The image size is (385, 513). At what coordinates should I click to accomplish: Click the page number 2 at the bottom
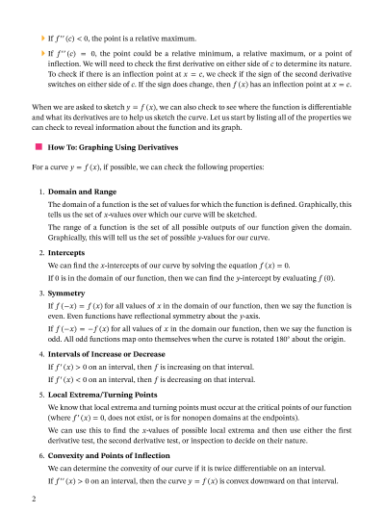click(x=34, y=500)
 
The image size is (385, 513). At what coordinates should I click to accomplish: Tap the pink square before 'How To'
click(x=38, y=148)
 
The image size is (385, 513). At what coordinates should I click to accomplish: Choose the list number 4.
click(x=40, y=352)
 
